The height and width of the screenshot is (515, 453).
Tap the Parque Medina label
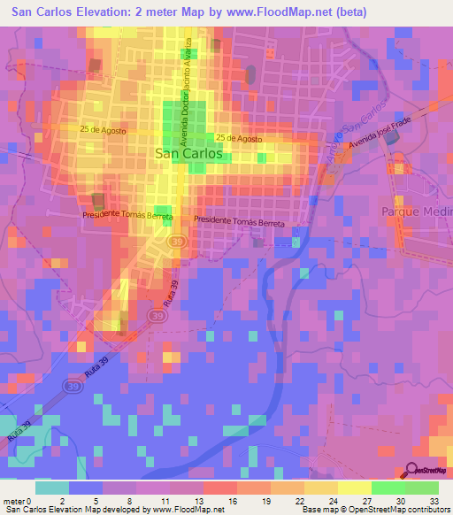(417, 212)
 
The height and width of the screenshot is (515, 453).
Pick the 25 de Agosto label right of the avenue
(238, 139)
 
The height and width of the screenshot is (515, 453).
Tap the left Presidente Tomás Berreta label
(127, 215)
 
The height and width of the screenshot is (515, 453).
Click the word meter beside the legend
(12, 501)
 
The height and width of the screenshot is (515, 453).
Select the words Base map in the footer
(319, 510)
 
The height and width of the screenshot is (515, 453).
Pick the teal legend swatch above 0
(51, 488)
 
